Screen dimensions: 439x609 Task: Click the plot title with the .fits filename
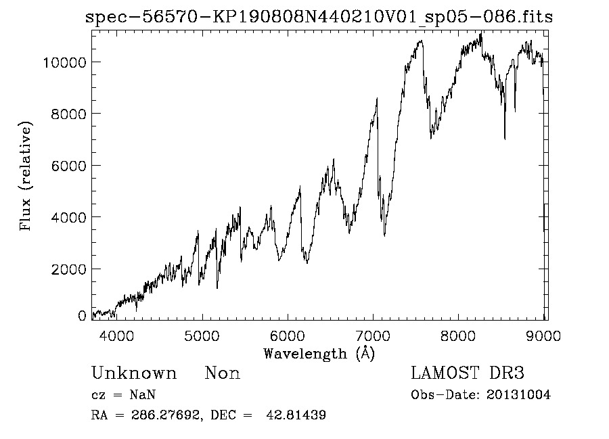[x=319, y=17]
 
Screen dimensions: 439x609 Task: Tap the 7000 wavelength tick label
[x=374, y=336]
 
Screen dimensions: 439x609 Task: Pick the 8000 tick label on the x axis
[x=459, y=336]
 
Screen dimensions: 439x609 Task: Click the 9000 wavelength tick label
[x=545, y=336]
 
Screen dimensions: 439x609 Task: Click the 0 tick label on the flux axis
[x=82, y=316]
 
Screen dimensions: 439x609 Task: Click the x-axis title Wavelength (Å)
[x=319, y=353]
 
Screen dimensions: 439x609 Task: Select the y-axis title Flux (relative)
[x=26, y=177]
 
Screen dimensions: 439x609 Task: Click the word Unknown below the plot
[x=134, y=373]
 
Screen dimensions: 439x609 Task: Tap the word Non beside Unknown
[x=223, y=373]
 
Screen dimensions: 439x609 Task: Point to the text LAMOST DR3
[x=467, y=373]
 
